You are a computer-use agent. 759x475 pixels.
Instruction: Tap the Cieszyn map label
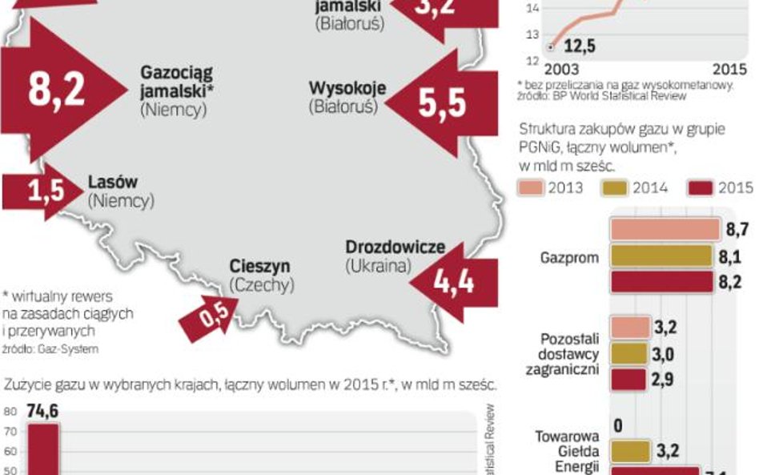tap(259, 267)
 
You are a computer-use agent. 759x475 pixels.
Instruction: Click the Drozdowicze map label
tap(395, 248)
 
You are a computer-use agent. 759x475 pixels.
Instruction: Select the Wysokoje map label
tap(347, 87)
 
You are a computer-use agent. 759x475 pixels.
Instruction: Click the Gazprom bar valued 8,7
tap(665, 230)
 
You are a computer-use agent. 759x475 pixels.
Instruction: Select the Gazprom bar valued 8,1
tap(661, 256)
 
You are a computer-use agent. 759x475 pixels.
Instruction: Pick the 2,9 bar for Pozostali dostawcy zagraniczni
tap(628, 380)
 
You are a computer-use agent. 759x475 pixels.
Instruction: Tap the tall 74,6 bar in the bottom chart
tap(43, 449)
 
